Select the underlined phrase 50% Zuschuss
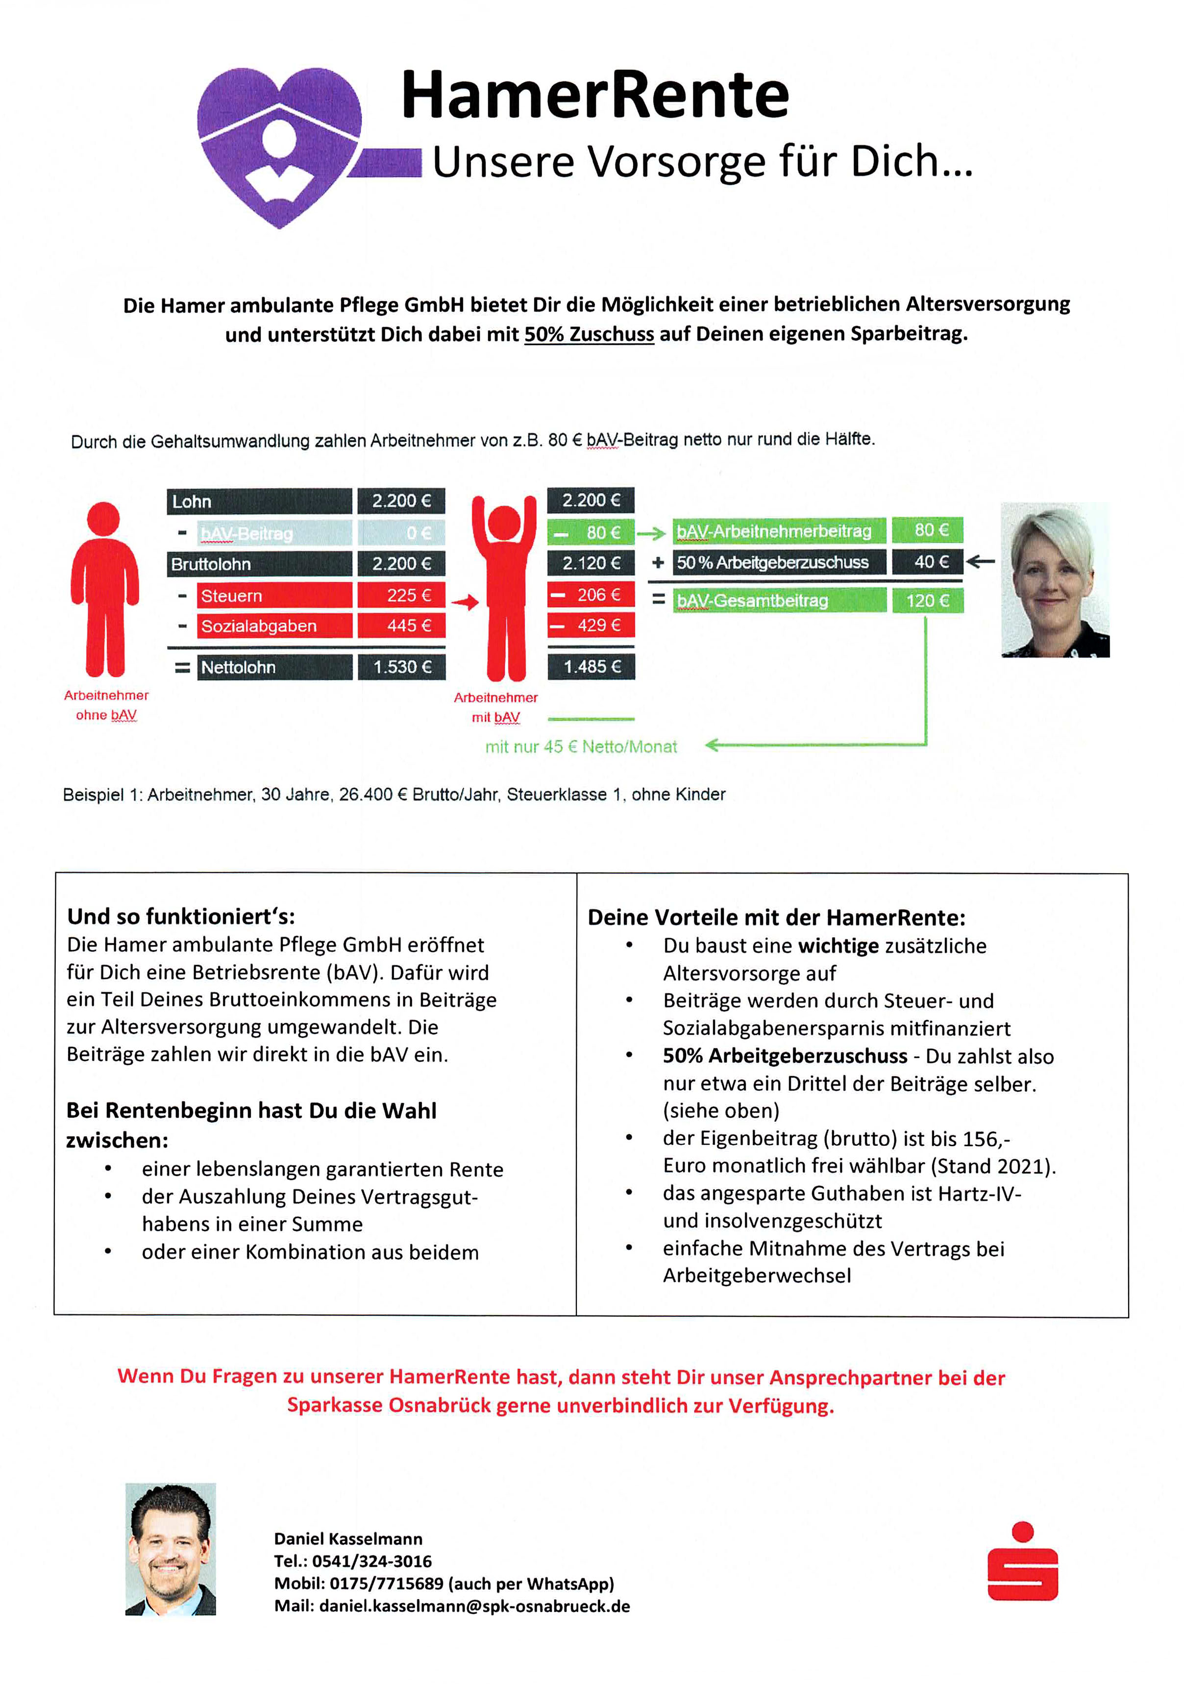click(x=589, y=334)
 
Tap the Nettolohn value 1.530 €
click(x=402, y=667)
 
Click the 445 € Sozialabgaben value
click(x=402, y=626)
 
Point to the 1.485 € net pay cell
click(x=591, y=667)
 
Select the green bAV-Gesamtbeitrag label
click(x=779, y=601)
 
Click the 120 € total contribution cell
click(x=927, y=601)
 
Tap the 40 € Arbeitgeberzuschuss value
click(x=927, y=562)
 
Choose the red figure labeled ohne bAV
click(x=105, y=590)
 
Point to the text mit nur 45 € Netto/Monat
click(x=581, y=747)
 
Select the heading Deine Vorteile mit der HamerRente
click(x=776, y=918)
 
